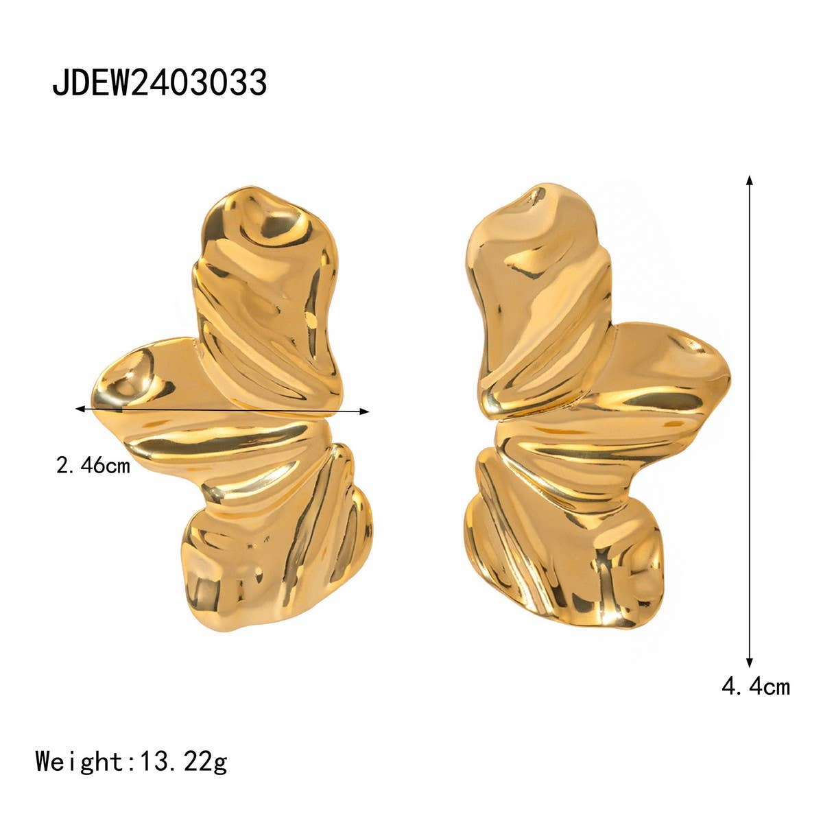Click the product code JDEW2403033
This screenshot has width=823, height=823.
click(x=159, y=84)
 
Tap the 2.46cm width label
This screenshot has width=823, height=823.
click(x=93, y=466)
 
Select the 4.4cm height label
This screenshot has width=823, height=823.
click(x=755, y=686)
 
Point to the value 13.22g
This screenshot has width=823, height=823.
click(x=183, y=761)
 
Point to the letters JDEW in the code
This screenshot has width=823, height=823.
click(x=89, y=84)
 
